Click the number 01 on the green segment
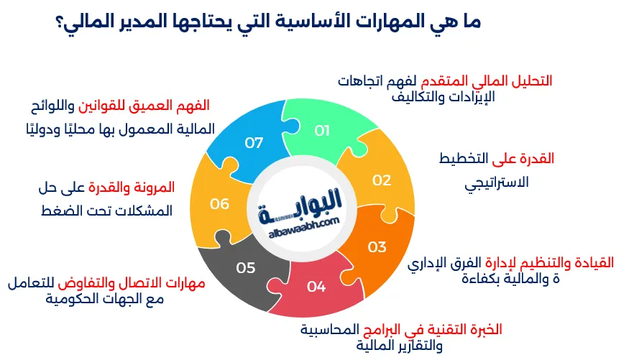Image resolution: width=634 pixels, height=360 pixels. [x=322, y=130]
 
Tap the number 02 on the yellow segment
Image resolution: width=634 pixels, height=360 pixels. [x=381, y=180]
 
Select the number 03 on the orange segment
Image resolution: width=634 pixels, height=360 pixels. [x=377, y=247]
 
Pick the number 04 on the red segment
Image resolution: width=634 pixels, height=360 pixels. [x=316, y=287]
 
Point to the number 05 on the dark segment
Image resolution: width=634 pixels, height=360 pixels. [x=246, y=268]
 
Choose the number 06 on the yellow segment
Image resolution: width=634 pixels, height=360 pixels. [x=219, y=204]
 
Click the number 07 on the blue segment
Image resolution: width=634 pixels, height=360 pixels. [x=254, y=142]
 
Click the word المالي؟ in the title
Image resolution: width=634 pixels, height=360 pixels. [x=85, y=21]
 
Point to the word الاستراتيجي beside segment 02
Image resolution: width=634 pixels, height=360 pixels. [x=497, y=183]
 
